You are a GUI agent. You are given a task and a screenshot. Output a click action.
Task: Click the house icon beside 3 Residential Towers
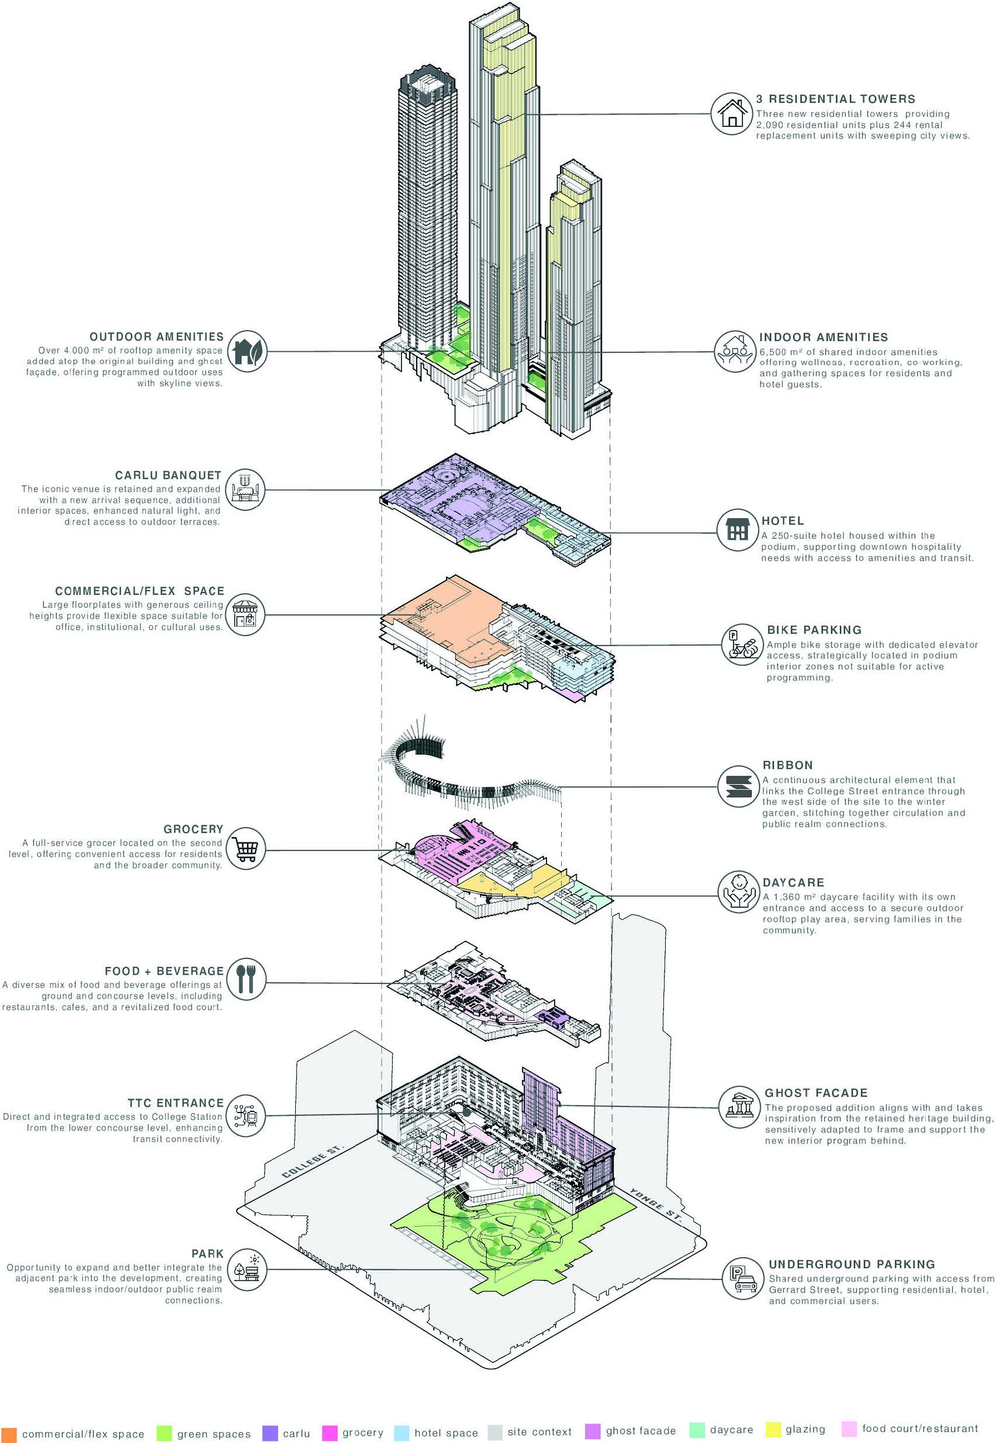point(731,113)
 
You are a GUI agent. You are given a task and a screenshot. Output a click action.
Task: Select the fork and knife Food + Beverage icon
point(245,979)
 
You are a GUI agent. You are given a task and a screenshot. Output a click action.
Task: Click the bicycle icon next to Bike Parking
point(741,645)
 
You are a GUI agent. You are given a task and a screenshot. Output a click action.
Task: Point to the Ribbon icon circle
point(737,786)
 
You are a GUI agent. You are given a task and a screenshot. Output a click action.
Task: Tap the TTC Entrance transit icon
point(245,1116)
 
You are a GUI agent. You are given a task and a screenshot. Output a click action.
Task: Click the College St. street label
point(312,1162)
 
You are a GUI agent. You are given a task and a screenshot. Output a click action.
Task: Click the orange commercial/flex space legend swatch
point(9,1434)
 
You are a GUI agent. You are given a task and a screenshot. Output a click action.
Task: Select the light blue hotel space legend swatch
point(402,1432)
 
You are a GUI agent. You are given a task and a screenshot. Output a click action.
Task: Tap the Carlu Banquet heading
point(168,476)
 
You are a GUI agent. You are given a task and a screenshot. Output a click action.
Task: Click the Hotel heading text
point(783,521)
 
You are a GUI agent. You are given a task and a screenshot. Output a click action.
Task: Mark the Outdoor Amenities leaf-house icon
point(247,351)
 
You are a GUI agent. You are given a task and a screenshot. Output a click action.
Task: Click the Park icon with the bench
point(246,1270)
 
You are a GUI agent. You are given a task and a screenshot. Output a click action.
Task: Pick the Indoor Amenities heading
point(823,337)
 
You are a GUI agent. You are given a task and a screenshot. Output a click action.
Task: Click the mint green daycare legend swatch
point(697,1430)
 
